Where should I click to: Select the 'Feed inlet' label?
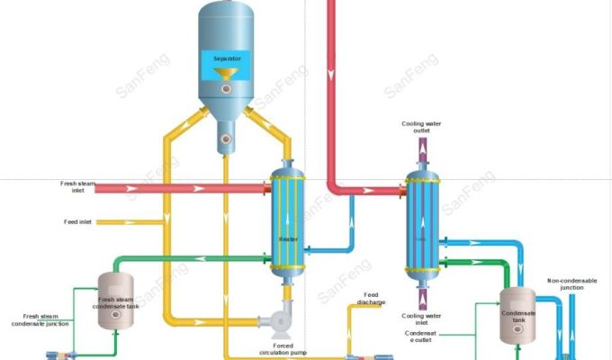[x=77, y=221]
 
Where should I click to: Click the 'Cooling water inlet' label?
[x=422, y=319]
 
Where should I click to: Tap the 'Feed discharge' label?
[x=371, y=299]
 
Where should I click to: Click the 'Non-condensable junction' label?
[x=571, y=283]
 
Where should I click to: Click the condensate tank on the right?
[x=519, y=311]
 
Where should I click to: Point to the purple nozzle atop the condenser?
[x=421, y=153]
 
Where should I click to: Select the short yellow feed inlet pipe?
[x=116, y=221]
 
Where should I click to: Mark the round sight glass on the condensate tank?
[x=519, y=327]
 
